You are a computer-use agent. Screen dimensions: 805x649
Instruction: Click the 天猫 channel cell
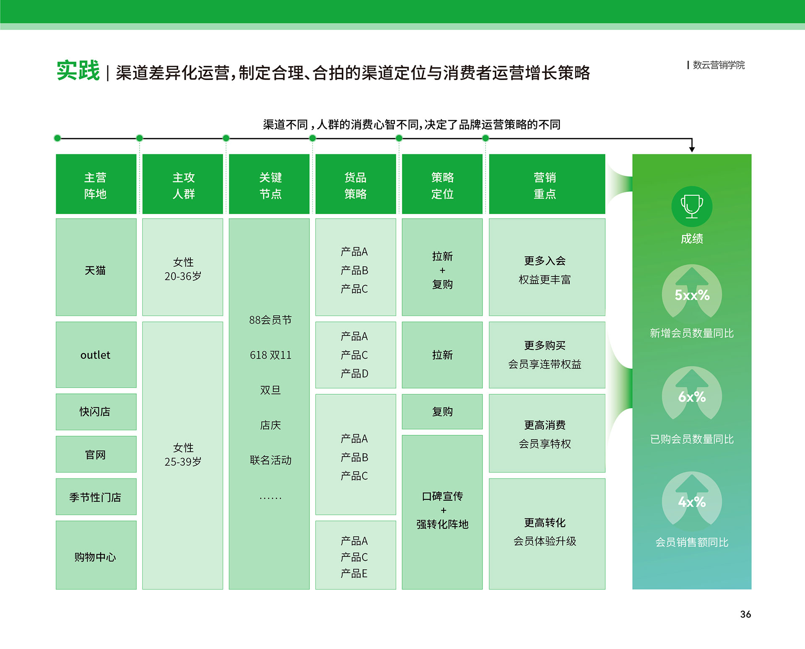[96, 267]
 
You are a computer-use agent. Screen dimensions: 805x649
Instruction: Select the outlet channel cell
[96, 354]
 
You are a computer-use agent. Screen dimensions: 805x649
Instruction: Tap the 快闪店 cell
[96, 411]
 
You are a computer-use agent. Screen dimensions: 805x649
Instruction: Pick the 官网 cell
[96, 454]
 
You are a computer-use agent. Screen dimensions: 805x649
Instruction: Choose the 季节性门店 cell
[96, 496]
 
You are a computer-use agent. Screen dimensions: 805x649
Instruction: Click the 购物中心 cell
[96, 555]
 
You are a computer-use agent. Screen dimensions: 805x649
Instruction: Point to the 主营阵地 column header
[96, 184]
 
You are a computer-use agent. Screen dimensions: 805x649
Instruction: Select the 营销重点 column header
[547, 184]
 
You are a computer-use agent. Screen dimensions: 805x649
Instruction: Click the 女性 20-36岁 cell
[183, 267]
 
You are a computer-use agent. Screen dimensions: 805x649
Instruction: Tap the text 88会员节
[270, 320]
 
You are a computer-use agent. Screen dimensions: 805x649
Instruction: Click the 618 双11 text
[270, 355]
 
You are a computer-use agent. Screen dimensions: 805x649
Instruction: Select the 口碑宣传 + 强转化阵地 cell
[442, 512]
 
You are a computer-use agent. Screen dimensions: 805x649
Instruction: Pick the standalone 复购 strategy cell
[442, 411]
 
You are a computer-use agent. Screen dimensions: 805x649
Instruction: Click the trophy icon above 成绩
[692, 206]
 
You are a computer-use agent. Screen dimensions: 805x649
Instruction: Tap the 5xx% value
[692, 295]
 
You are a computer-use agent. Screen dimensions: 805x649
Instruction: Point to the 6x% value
[692, 397]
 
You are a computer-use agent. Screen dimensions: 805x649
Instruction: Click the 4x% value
[692, 502]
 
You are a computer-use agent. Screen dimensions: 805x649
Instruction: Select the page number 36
[745, 614]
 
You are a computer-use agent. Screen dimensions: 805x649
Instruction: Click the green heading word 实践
[78, 70]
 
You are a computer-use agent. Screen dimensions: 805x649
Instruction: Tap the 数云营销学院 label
[719, 65]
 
